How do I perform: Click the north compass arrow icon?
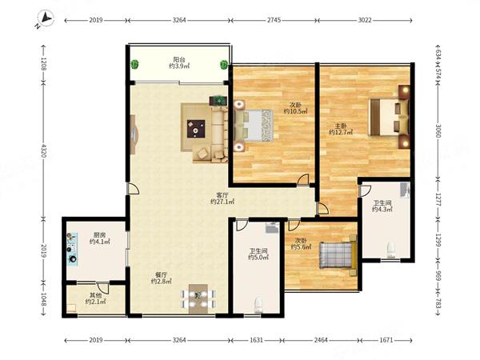(46, 19)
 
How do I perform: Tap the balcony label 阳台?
(178, 59)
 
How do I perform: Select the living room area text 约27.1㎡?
(222, 202)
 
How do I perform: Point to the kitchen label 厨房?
(99, 235)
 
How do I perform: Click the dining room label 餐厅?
(161, 274)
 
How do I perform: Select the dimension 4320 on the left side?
(42, 150)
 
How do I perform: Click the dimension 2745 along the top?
(274, 20)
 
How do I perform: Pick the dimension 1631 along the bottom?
(256, 340)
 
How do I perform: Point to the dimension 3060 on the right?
(438, 131)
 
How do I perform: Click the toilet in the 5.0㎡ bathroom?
(258, 305)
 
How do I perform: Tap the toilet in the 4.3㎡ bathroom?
(391, 250)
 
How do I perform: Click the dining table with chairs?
(198, 299)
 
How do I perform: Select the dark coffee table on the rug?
(196, 129)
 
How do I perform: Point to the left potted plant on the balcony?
(134, 64)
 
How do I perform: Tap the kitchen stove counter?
(72, 249)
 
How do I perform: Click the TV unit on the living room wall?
(134, 134)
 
